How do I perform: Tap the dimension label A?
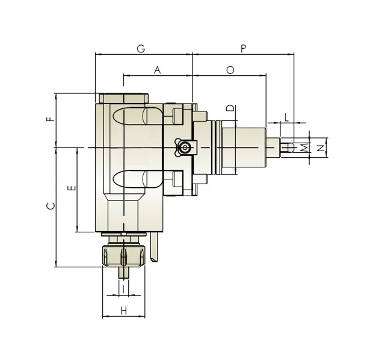click(x=158, y=70)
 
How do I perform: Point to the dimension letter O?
click(x=230, y=70)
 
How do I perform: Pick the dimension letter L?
click(x=287, y=117)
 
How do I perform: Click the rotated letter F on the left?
click(x=51, y=119)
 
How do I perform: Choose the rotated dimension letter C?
click(x=51, y=206)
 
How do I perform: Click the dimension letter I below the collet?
click(x=123, y=290)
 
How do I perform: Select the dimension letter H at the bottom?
click(x=123, y=311)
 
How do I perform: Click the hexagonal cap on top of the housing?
click(x=123, y=98)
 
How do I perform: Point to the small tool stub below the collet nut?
click(x=123, y=272)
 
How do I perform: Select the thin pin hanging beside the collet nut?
click(x=155, y=248)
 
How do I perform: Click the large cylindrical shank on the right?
click(x=244, y=147)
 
